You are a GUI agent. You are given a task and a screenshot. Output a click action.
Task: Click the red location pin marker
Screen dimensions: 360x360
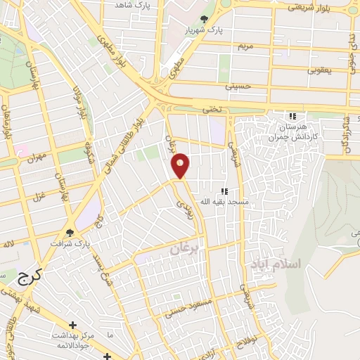(x=181, y=166)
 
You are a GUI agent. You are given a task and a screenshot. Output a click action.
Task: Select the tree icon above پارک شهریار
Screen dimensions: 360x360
(x=205, y=20)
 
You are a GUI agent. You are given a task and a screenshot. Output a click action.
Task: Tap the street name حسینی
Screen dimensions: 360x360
(x=237, y=86)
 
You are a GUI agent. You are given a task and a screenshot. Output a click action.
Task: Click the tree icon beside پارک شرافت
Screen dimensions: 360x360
(x=70, y=231)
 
